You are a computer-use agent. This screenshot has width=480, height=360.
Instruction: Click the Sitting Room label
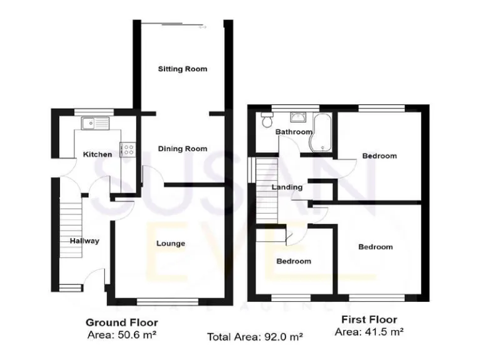pyautogui.click(x=182, y=69)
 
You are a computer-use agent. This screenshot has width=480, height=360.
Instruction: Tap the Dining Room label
pyautogui.click(x=182, y=149)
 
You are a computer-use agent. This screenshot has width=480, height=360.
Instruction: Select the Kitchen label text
pyautogui.click(x=98, y=154)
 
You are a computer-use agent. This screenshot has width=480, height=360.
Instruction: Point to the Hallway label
pyautogui.click(x=84, y=241)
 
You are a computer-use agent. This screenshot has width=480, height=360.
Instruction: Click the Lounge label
pyautogui.click(x=170, y=243)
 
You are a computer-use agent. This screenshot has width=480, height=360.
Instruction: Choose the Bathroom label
pyautogui.click(x=294, y=132)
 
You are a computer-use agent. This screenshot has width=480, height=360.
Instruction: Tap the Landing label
pyautogui.click(x=287, y=187)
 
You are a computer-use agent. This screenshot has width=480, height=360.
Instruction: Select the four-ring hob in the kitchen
pyautogui.click(x=129, y=149)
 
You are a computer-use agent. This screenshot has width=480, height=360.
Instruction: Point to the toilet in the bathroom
pyautogui.click(x=267, y=119)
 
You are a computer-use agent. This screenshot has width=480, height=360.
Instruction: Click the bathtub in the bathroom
pyautogui.click(x=322, y=132)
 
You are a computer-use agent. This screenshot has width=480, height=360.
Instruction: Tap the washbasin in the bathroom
pyautogui.click(x=296, y=117)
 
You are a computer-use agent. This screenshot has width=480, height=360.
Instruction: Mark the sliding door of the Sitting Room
pyautogui.click(x=181, y=26)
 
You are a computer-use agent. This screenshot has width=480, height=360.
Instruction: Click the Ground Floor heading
pyautogui.click(x=121, y=322)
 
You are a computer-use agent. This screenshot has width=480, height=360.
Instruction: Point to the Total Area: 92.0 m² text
pyautogui.click(x=255, y=336)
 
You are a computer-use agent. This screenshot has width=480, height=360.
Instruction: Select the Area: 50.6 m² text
pyautogui.click(x=121, y=334)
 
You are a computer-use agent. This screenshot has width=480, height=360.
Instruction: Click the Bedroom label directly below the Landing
pyautogui.click(x=293, y=261)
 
